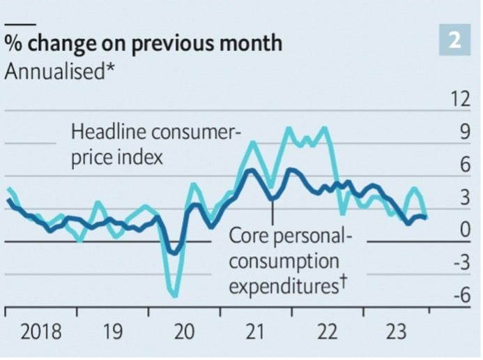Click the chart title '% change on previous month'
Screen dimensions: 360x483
click(x=144, y=43)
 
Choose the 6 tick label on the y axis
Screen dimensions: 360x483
click(x=461, y=165)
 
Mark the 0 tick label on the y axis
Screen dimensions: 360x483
click(x=461, y=231)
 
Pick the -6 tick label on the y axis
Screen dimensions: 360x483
click(x=459, y=296)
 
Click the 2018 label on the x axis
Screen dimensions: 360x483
click(x=40, y=331)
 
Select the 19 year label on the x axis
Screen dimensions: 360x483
click(x=112, y=331)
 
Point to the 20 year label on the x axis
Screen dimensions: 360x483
click(x=183, y=331)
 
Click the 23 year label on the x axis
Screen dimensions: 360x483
click(x=398, y=331)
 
